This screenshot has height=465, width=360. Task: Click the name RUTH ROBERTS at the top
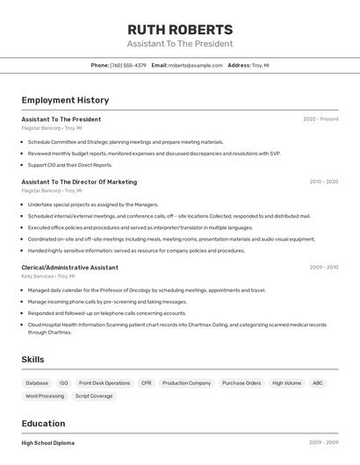click(x=180, y=29)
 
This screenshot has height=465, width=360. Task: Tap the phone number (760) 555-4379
click(x=128, y=65)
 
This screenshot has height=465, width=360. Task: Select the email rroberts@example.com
click(x=195, y=65)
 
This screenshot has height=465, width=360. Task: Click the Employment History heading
click(x=65, y=100)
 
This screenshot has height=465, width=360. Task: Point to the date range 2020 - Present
click(x=320, y=119)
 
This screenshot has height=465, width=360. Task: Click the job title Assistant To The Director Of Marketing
click(x=79, y=182)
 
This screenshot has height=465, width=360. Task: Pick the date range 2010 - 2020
click(x=323, y=182)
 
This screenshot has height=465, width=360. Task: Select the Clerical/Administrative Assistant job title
click(x=69, y=267)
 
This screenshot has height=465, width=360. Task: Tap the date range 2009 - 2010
click(x=323, y=267)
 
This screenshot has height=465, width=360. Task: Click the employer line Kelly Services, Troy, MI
click(x=52, y=275)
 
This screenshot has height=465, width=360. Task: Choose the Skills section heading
click(x=32, y=360)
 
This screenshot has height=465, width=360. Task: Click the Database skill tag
click(x=37, y=383)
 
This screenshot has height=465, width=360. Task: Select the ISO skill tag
click(x=63, y=383)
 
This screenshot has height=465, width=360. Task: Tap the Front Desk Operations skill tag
click(x=104, y=383)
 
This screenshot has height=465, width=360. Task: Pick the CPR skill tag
click(x=146, y=383)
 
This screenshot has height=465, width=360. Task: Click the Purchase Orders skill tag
click(x=241, y=383)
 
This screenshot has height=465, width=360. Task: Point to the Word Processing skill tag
click(x=44, y=396)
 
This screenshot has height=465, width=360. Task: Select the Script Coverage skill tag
click(x=94, y=396)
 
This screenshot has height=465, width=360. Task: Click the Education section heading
click(x=43, y=423)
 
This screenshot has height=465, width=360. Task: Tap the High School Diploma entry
click(x=47, y=443)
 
